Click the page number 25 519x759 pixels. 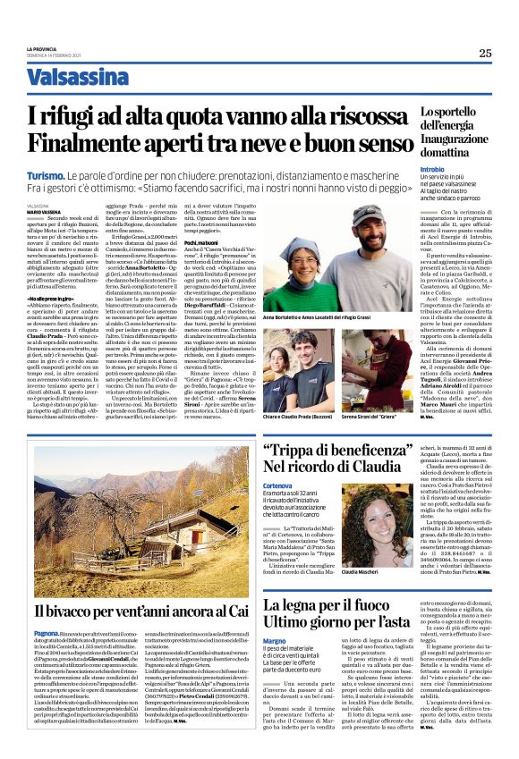pos(484,53)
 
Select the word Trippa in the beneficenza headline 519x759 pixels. pos(295,451)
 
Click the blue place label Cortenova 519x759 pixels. pos(277,485)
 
